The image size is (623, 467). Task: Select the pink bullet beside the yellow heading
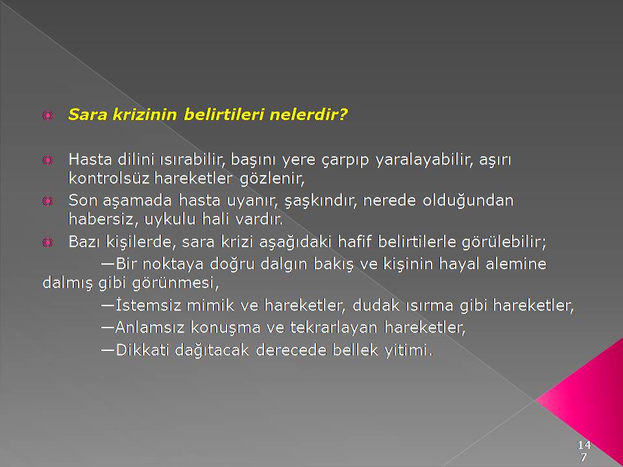pyautogui.click(x=47, y=115)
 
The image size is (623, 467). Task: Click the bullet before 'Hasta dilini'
pyautogui.click(x=47, y=160)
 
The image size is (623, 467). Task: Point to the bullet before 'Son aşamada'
pyautogui.click(x=47, y=201)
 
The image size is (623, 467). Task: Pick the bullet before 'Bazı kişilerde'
pyautogui.click(x=47, y=242)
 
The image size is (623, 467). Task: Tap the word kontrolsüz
pyautogui.click(x=108, y=178)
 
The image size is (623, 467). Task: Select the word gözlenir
pyautogui.click(x=272, y=179)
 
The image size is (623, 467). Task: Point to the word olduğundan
pyautogui.click(x=468, y=200)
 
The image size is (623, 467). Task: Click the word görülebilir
pyautogui.click(x=504, y=242)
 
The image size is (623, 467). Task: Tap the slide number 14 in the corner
pyautogui.click(x=584, y=444)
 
